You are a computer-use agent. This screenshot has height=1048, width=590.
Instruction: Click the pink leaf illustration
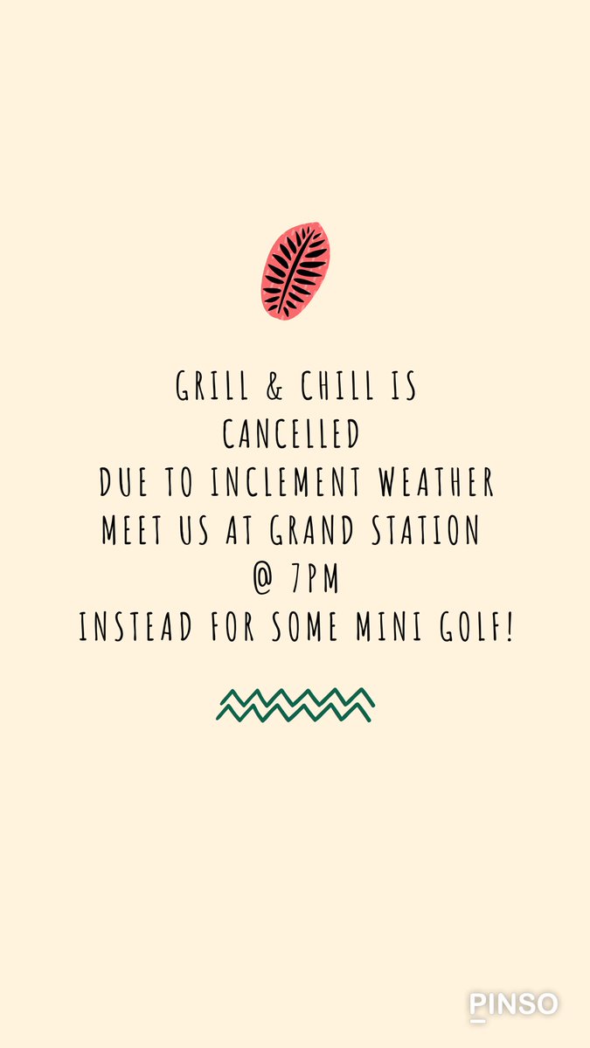[x=295, y=270]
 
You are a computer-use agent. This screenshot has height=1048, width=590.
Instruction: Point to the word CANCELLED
[x=291, y=434]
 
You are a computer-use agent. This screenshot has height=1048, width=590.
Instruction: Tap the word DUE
[x=122, y=482]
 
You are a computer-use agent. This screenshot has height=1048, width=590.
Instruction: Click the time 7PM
[x=315, y=579]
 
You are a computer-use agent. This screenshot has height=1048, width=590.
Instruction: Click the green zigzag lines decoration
[x=295, y=705]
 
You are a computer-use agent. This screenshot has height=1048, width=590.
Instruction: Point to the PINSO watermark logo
[x=513, y=1005]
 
